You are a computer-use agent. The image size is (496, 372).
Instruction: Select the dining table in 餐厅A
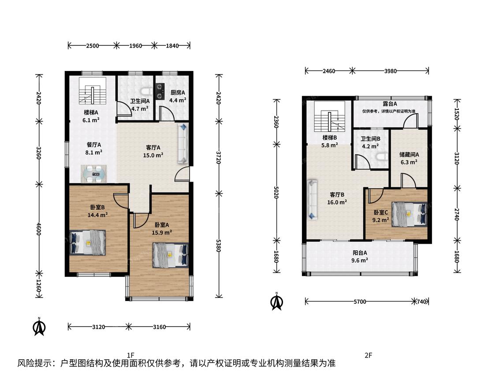94,174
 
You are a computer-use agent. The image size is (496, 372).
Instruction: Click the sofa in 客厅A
183,144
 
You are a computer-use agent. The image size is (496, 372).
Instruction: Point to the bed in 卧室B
87,242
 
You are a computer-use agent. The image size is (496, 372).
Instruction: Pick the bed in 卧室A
171,255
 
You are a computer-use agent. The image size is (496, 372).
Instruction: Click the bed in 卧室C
409,214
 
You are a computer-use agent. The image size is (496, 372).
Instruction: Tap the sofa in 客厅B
313,200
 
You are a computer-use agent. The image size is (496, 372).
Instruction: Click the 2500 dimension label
93,45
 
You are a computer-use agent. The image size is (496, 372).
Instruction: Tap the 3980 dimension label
390,71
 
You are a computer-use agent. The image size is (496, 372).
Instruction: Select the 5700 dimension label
360,301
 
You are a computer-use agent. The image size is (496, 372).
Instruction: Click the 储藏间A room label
409,155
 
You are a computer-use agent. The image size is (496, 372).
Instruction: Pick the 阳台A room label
360,253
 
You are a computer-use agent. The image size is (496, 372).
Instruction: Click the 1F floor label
131,355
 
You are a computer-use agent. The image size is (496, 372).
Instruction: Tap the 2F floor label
368,355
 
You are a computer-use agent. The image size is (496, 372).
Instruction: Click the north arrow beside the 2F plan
276,301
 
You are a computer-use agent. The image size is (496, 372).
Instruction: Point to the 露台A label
390,104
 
